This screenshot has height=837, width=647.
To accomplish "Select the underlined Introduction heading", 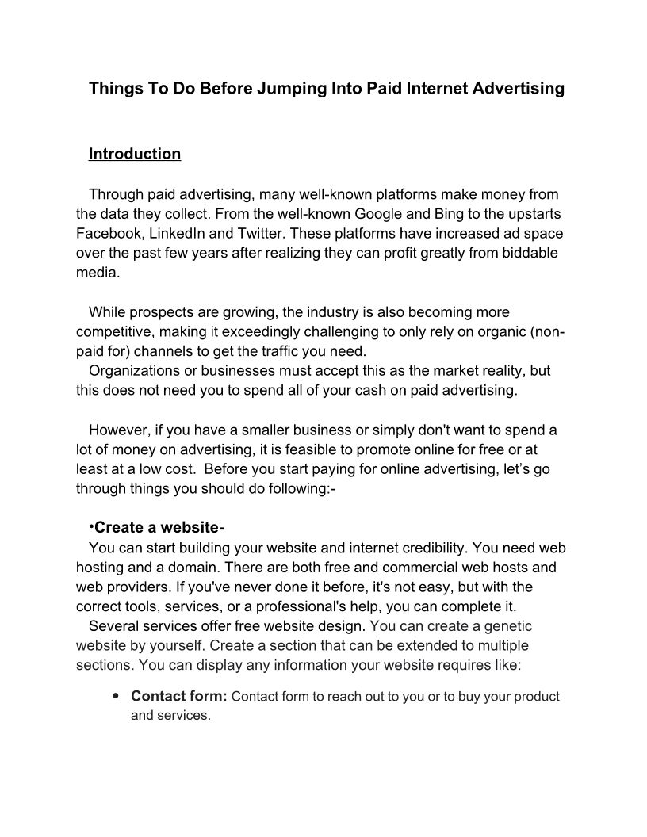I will (135, 154).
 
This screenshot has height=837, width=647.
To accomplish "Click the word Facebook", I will (108, 234).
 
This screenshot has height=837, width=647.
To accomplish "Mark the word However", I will (120, 430).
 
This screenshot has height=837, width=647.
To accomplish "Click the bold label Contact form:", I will (179, 697).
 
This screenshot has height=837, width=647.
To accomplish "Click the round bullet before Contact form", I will (116, 697).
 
